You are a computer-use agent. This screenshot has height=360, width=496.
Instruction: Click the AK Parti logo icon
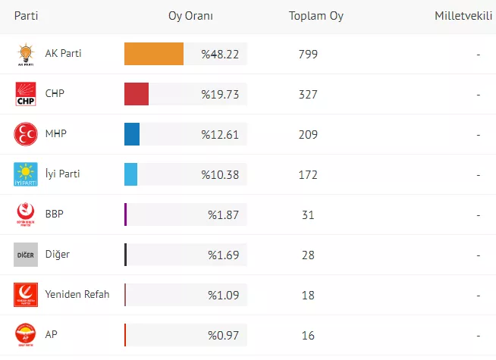tap(26, 55)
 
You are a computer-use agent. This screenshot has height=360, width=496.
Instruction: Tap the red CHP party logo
tap(26, 95)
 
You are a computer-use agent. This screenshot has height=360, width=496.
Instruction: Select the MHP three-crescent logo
tap(26, 135)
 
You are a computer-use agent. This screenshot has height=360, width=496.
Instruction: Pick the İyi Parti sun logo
tap(26, 174)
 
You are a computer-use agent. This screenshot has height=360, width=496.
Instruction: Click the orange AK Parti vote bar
tap(154, 54)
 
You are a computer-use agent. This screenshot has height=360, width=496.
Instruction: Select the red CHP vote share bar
tap(137, 94)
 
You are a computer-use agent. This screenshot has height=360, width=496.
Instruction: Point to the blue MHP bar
tap(132, 134)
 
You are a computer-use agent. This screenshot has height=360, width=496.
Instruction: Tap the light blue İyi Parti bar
tap(130, 174)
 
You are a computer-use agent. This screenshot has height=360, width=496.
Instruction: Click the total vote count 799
tap(308, 54)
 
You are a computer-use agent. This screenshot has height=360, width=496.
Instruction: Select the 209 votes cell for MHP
tap(308, 134)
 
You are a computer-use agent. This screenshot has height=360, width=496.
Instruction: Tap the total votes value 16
tap(308, 335)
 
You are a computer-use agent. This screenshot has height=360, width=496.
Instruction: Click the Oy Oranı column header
tap(190, 16)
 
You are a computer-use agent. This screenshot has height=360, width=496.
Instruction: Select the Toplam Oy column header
tap(316, 16)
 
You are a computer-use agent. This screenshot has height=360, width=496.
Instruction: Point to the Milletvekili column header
tap(463, 16)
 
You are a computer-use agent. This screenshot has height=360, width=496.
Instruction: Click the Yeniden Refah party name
tap(77, 294)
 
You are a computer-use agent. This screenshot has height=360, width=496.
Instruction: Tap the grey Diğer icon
tap(26, 255)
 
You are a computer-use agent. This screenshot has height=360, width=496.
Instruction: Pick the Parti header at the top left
tap(26, 16)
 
